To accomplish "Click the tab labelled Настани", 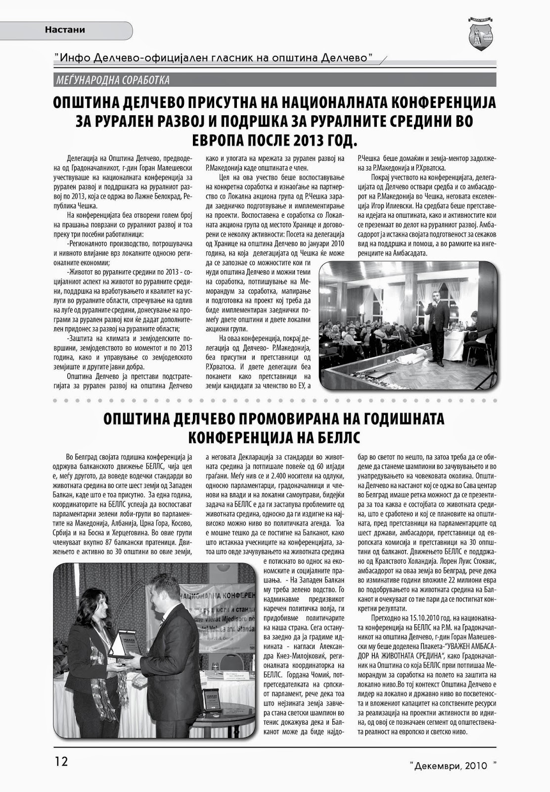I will [x=65, y=30].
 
